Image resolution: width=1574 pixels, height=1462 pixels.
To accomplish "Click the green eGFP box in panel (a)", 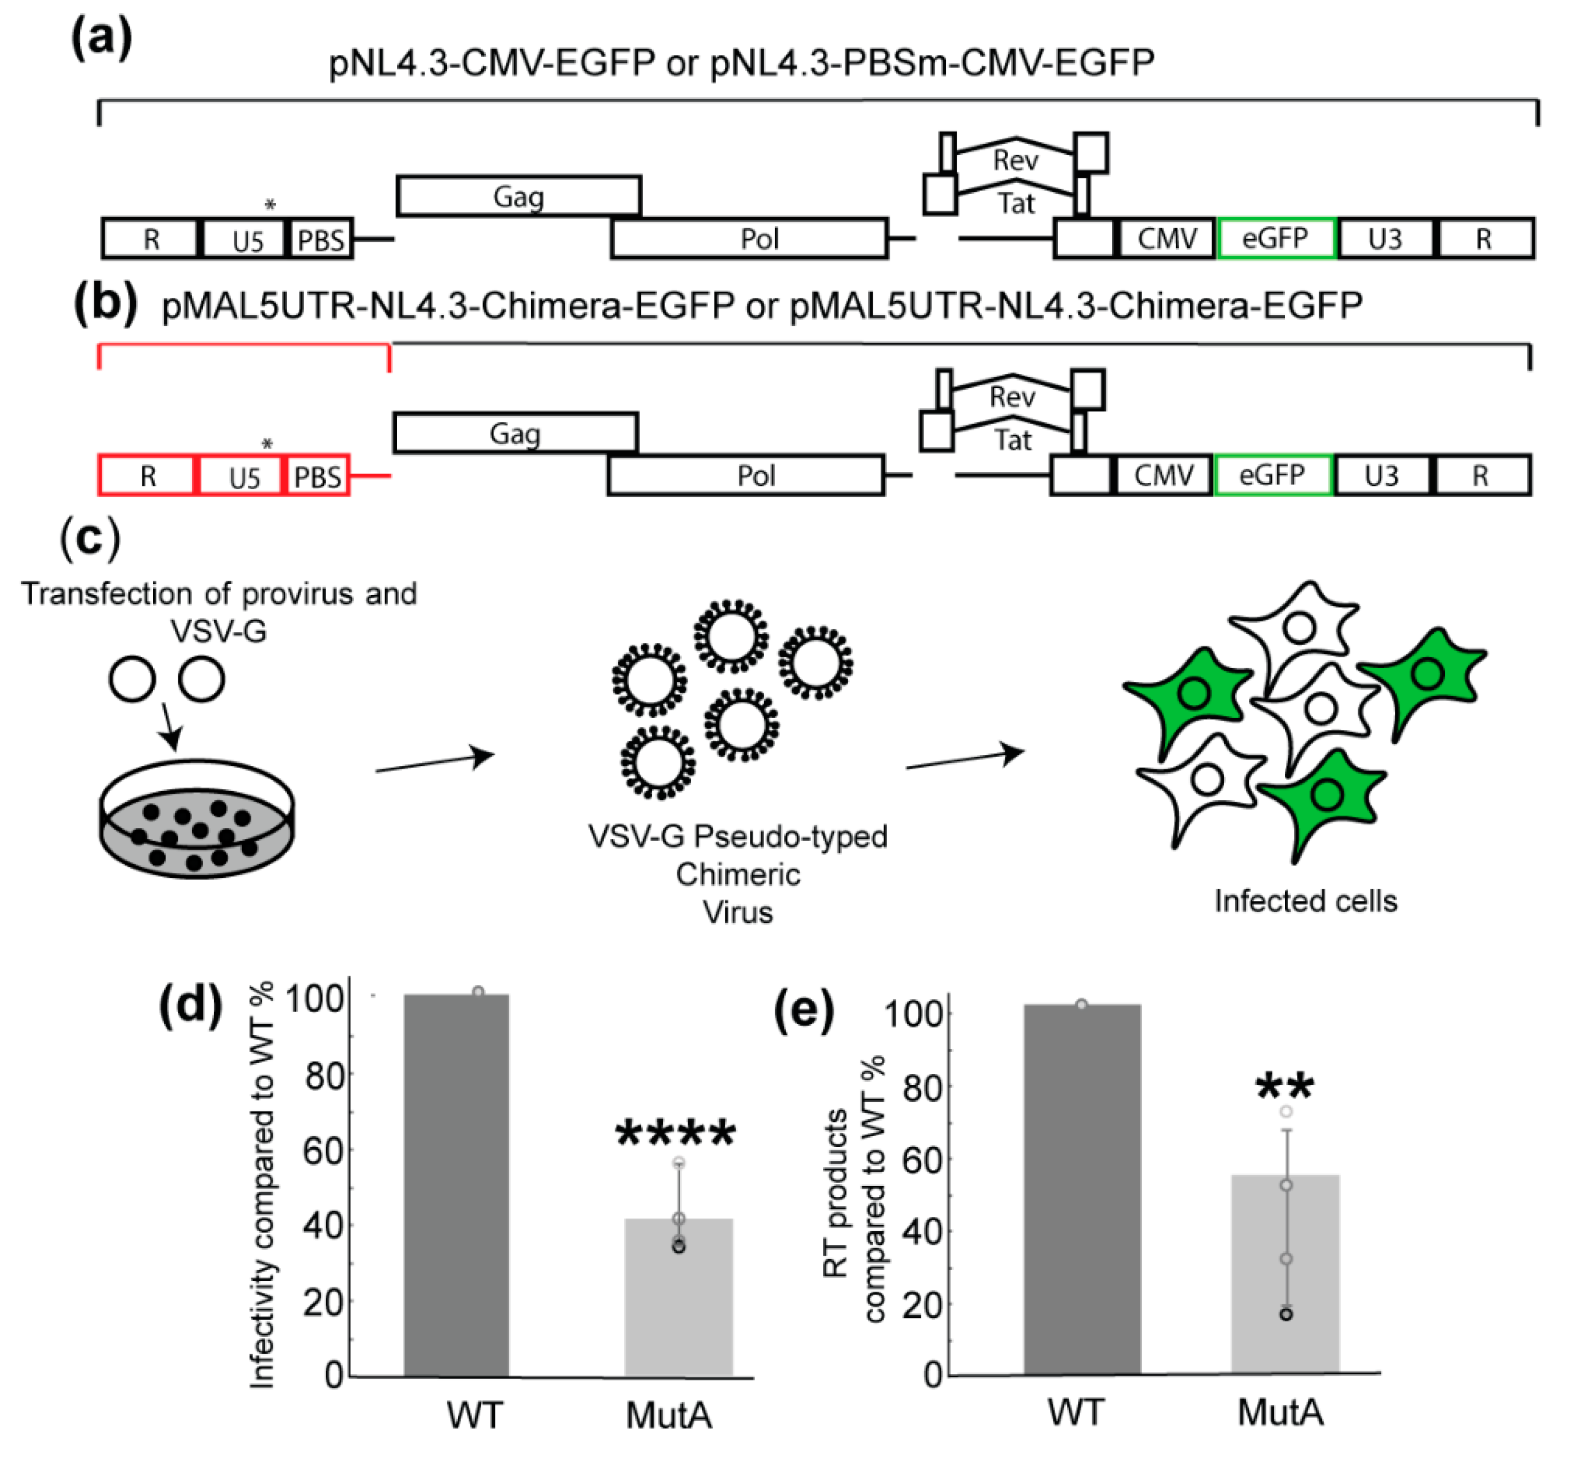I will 1276,238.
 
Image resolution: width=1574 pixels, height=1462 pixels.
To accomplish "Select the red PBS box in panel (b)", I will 317,476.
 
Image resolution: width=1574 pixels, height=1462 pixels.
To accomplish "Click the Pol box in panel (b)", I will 745,476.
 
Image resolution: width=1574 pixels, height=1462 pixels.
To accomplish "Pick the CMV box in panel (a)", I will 1166,238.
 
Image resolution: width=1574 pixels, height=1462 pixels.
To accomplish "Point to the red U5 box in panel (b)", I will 243,476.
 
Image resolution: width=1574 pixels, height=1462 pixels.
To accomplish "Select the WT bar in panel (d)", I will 457,1187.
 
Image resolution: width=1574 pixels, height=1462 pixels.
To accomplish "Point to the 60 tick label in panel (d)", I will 323,1151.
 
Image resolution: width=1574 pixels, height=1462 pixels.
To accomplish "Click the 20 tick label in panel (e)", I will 922,1306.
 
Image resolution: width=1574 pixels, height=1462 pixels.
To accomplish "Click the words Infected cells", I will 1305,901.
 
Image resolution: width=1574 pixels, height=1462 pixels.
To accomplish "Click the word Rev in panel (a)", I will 1015,161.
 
